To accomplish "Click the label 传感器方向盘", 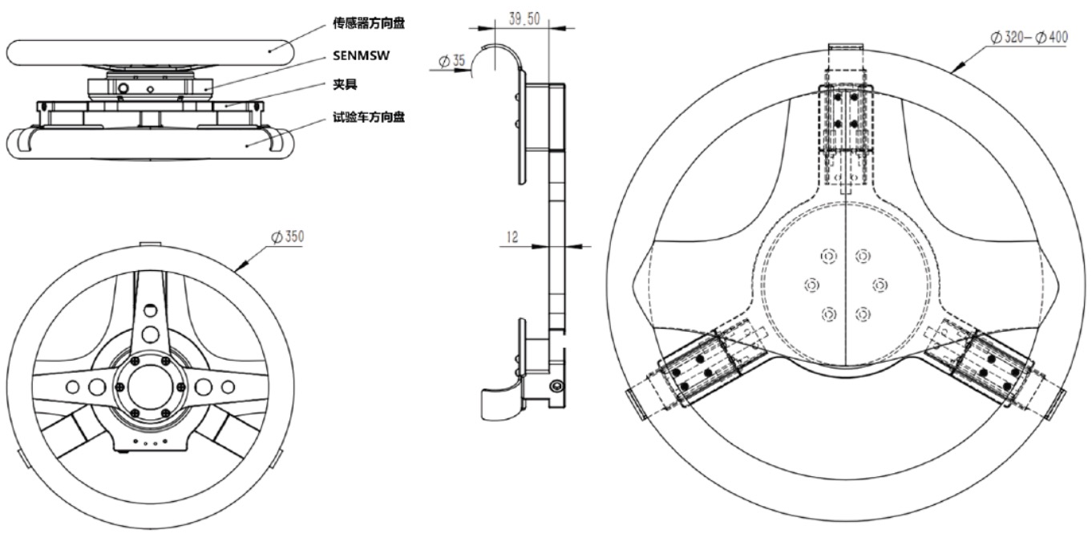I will pyautogui.click(x=369, y=24).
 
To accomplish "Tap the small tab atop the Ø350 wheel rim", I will pyautogui.click(x=149, y=244).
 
